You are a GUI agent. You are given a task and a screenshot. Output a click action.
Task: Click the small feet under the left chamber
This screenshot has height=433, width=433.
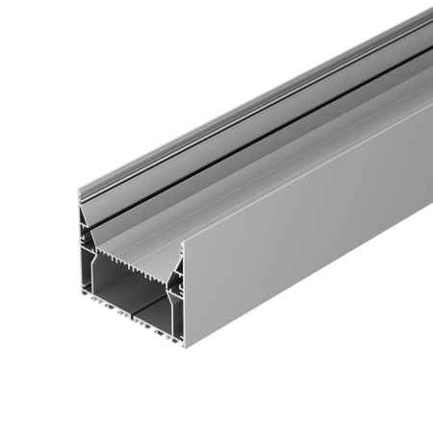[101, 311]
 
